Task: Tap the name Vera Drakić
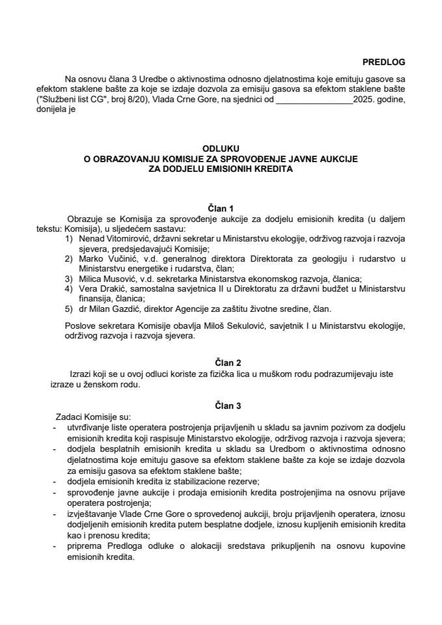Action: (x=97, y=289)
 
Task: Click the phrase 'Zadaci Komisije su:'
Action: (x=94, y=417)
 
